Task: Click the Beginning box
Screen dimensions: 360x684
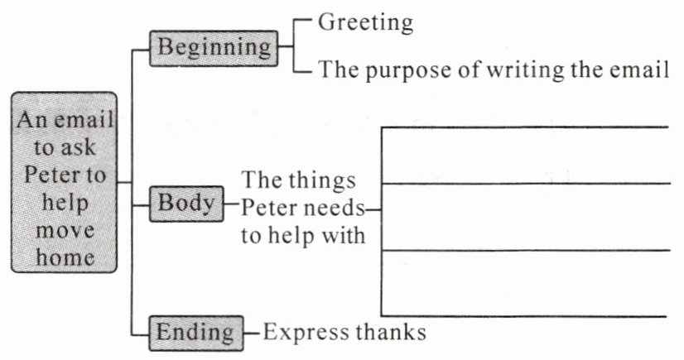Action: [x=214, y=48]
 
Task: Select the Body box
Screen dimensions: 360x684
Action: [x=186, y=204]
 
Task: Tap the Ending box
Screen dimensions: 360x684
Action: [x=195, y=333]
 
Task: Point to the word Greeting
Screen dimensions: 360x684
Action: [x=365, y=22]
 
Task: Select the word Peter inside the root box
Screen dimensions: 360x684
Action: [x=65, y=176]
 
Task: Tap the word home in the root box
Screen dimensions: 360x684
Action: [x=65, y=257]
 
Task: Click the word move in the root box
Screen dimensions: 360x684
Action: [x=65, y=230]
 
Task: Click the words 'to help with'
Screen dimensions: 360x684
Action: [x=303, y=234]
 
